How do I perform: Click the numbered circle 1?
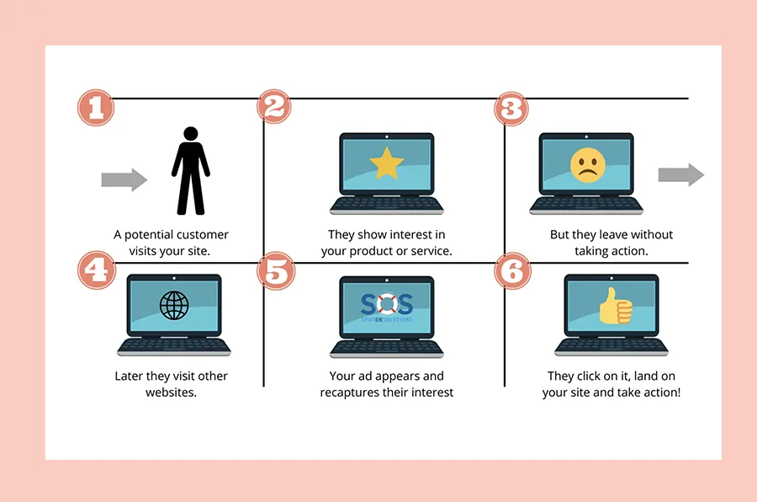tap(96, 108)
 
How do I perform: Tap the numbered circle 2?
tap(274, 106)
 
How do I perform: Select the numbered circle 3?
tap(511, 109)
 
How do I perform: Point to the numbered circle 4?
tap(97, 270)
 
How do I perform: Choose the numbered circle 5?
tap(276, 271)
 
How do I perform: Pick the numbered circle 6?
tap(513, 271)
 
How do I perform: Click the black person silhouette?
tap(191, 171)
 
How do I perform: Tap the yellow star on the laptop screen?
tap(387, 163)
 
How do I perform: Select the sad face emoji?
tap(588, 165)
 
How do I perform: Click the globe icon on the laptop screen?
tap(174, 305)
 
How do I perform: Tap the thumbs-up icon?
tap(616, 306)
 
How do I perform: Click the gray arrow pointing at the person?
tap(124, 180)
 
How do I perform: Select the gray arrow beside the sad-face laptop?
tap(681, 174)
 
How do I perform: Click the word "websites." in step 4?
tap(171, 393)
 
